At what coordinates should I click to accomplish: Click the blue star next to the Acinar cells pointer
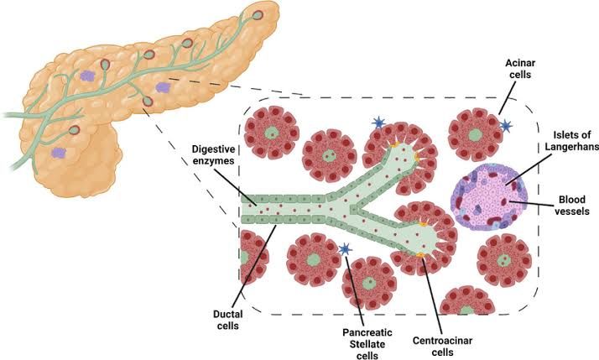click(x=506, y=126)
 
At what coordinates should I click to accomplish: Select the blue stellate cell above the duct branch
click(x=378, y=124)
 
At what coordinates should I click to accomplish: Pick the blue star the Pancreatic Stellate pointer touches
click(x=344, y=248)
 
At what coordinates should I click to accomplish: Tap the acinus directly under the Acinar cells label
click(x=474, y=133)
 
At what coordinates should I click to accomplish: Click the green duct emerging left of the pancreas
click(x=13, y=113)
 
